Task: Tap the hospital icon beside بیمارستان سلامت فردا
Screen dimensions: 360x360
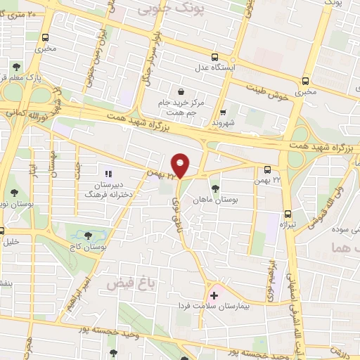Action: (214, 296)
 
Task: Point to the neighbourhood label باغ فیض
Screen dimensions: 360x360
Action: (131, 283)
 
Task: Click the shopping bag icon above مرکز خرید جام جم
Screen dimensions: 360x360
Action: (181, 91)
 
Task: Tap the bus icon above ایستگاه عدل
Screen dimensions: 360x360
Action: (214, 58)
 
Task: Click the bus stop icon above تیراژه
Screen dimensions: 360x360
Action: (288, 214)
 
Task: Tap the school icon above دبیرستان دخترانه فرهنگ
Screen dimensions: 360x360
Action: (108, 173)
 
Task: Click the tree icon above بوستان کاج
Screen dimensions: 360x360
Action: (88, 236)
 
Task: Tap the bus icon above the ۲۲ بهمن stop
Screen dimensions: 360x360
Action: (267, 169)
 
